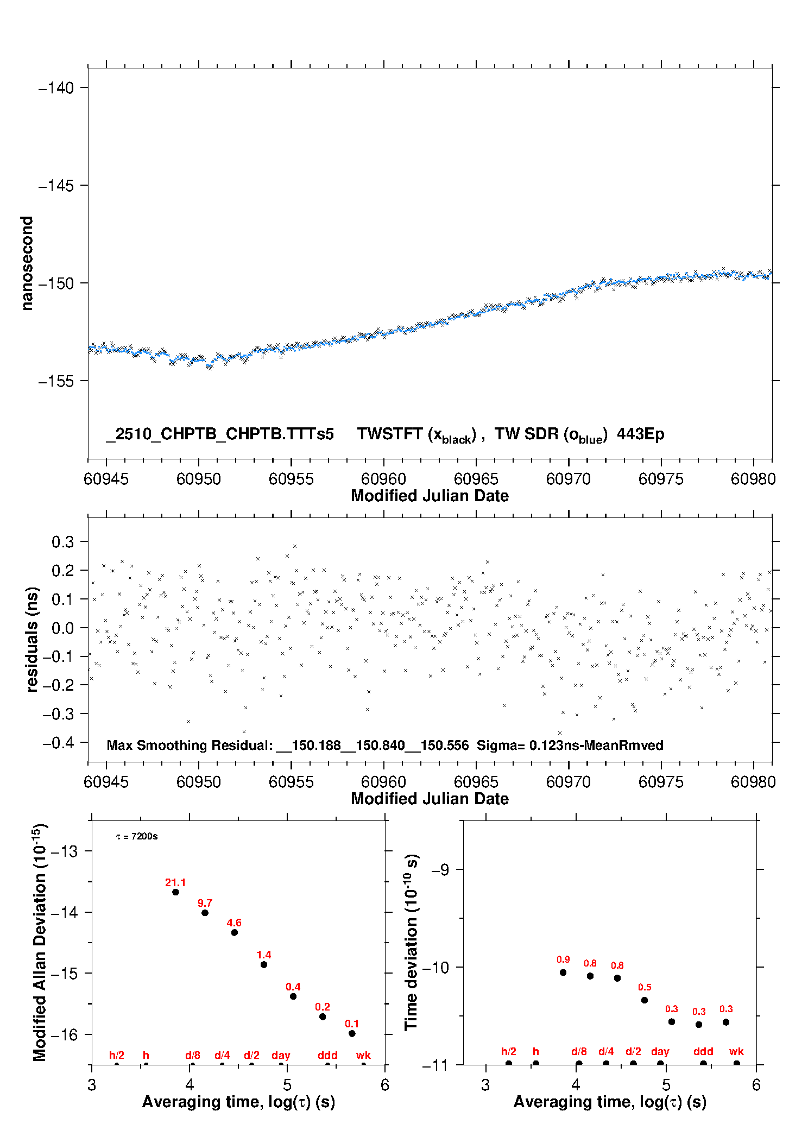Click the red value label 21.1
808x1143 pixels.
[175, 882]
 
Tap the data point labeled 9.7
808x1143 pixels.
[205, 913]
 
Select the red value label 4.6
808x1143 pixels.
[234, 923]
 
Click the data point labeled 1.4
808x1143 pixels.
[264, 964]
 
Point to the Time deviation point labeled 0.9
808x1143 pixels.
[563, 973]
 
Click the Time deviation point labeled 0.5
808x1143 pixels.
[645, 1000]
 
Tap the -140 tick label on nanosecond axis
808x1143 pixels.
[56, 88]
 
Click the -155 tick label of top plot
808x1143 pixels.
[56, 381]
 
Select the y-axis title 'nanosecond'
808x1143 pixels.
[27, 263]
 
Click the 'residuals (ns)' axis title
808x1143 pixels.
[32, 639]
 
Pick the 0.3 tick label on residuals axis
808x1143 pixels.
[62, 542]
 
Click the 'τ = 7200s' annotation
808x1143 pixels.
[137, 837]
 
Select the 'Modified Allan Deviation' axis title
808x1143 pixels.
[40, 942]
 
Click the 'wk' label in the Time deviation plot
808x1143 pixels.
[736, 1052]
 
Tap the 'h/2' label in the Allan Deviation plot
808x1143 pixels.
[117, 1056]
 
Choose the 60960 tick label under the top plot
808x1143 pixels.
[383, 479]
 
